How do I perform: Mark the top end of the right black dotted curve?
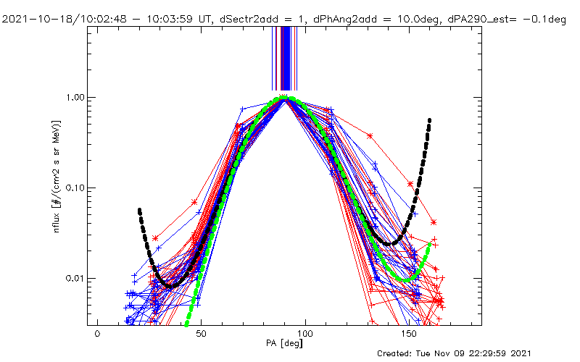tap(430, 120)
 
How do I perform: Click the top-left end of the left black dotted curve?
tap(139, 210)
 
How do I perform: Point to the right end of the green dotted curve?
tap(430, 245)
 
